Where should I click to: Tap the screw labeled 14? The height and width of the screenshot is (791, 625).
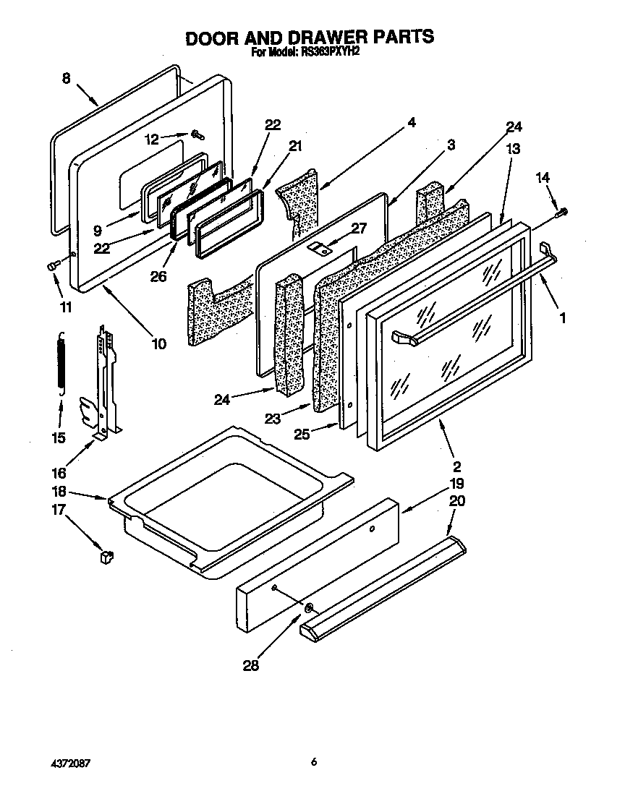563,211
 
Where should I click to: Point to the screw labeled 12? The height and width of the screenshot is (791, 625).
197,133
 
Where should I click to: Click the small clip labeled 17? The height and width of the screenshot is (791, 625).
107,557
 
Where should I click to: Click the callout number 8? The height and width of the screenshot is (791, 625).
66,80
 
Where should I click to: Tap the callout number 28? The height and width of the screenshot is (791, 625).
251,666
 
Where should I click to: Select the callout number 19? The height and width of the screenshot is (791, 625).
456,483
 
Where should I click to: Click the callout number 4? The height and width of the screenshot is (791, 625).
411,122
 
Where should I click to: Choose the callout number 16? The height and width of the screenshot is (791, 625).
59,473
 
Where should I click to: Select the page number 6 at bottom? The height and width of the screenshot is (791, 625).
313,761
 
